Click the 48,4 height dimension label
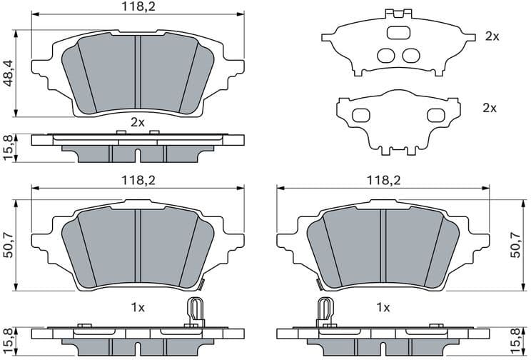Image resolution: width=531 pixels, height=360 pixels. pos(9,73)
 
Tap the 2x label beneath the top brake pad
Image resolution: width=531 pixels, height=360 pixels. pos(137,122)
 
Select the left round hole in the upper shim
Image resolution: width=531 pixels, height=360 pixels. pos(385,55)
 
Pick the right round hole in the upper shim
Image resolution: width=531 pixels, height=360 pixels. pos(410,55)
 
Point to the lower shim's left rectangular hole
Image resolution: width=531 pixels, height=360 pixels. pos(362,115)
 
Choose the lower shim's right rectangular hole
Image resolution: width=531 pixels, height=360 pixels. pos(435,115)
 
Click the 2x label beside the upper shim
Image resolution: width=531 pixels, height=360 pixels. pos(491,36)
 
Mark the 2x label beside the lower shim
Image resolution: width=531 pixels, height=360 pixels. pos(489,108)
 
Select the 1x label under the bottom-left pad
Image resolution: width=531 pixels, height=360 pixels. pos(137,308)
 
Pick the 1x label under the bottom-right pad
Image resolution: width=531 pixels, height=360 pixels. pos(383,308)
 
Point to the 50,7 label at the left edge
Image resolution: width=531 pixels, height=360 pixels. pos(9,244)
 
